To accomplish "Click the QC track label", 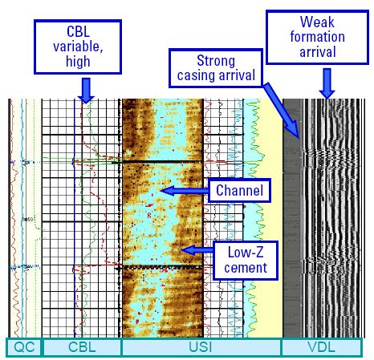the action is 24,347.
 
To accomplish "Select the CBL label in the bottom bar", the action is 82,347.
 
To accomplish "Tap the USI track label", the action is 201,347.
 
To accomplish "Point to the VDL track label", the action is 321,347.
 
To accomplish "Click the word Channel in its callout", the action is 239,190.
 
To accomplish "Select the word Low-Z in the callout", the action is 246,252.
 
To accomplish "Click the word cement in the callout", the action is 246,268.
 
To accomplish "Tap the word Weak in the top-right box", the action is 317,22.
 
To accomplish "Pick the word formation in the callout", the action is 318,37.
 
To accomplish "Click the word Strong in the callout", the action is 216,60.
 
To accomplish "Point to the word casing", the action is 196,75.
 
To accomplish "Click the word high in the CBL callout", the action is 78,62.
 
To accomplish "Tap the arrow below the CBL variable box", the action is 86,91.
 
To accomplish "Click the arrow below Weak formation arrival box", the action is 327,83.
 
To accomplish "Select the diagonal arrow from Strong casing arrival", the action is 282,111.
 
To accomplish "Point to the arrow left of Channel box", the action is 185,191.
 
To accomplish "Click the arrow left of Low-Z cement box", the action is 197,250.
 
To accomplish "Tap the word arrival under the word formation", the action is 318,51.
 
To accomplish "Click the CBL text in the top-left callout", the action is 78,31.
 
